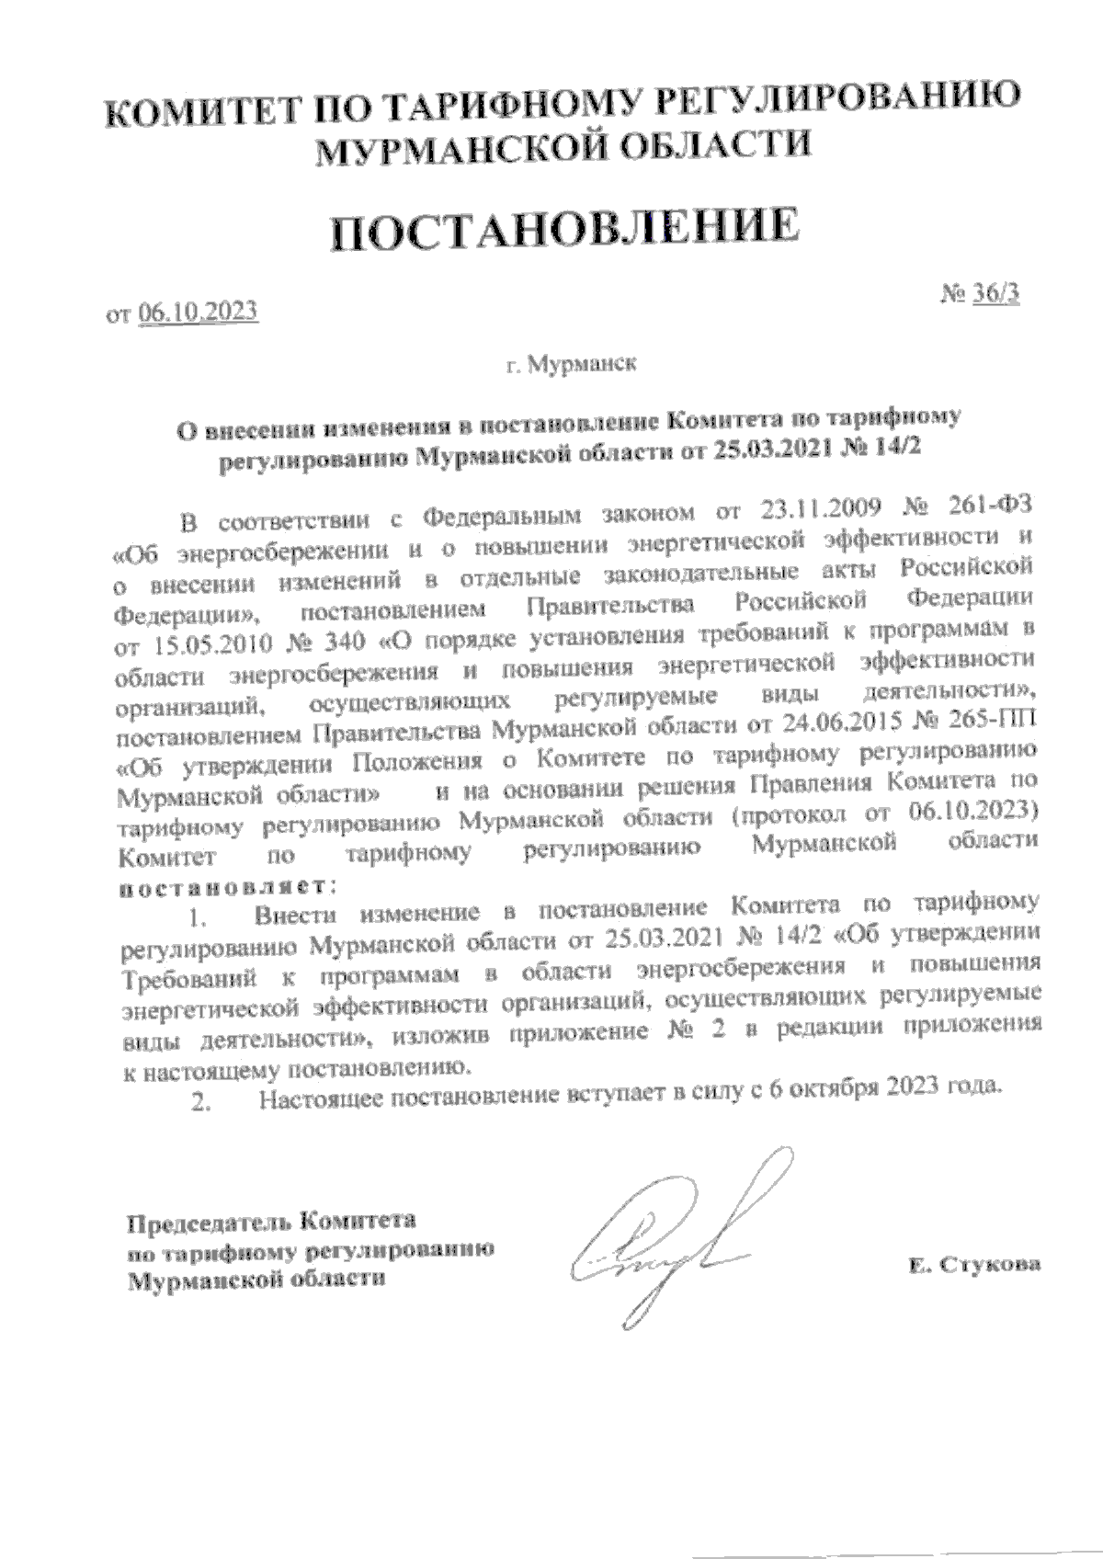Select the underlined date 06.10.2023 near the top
[198, 313]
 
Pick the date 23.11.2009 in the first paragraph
[820, 506]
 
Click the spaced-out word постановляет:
[229, 887]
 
